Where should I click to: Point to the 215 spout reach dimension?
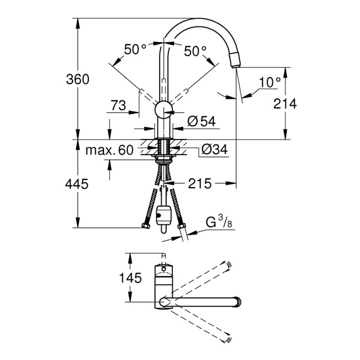tap(200, 184)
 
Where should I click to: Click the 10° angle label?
tap(270, 83)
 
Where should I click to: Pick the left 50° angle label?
tap(135, 50)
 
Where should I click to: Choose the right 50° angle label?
tap(194, 50)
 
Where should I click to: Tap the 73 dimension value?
tap(119, 105)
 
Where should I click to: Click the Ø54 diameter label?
tap(200, 121)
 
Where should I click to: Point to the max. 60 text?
tap(110, 150)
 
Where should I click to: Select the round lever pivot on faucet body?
tap(163, 110)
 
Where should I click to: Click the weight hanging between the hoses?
tap(163, 214)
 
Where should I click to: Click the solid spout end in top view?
tap(239, 302)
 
